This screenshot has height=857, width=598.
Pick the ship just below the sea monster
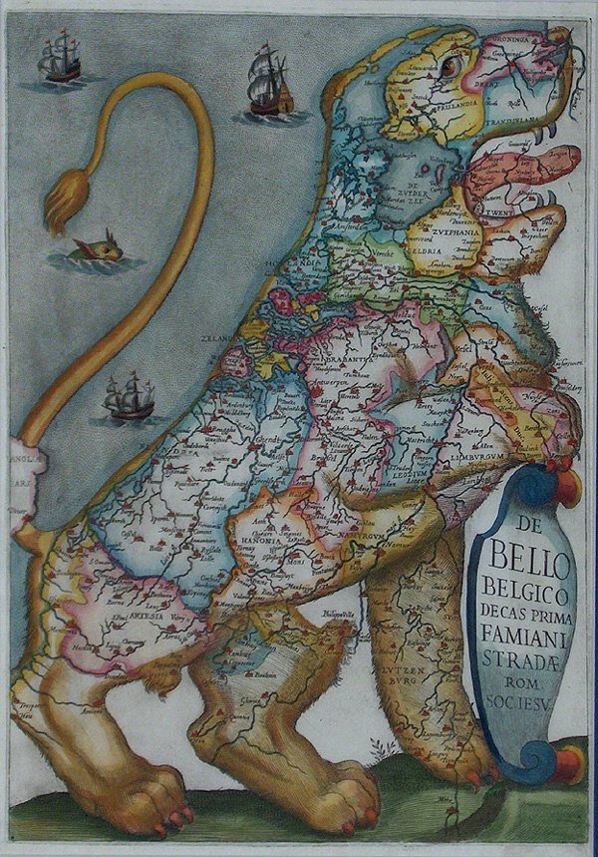click(x=129, y=396)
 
